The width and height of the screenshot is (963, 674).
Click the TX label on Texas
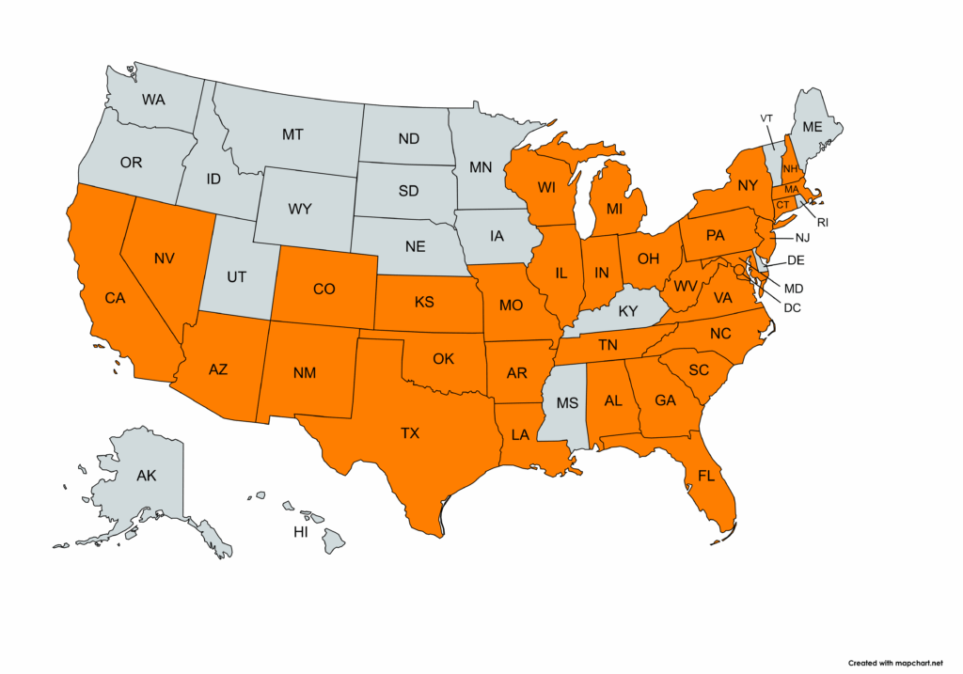pyautogui.click(x=409, y=433)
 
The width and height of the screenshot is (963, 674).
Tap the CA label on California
pyautogui.click(x=115, y=298)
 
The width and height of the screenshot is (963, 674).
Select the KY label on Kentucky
pyautogui.click(x=627, y=310)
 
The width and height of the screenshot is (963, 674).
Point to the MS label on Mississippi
pyautogui.click(x=566, y=403)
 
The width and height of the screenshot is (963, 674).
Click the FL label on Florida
pyautogui.click(x=707, y=476)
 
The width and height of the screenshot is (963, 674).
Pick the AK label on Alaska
pyautogui.click(x=146, y=476)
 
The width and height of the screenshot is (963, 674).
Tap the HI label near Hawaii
pyautogui.click(x=301, y=532)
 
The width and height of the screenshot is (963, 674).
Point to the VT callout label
pyautogui.click(x=766, y=118)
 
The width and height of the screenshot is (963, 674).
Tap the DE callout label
pyautogui.click(x=794, y=259)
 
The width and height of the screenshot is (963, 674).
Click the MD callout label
pyautogui.click(x=795, y=287)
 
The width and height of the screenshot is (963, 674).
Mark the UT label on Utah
pyautogui.click(x=236, y=276)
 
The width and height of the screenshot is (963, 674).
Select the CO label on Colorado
pyautogui.click(x=324, y=289)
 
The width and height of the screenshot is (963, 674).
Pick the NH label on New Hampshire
pyautogui.click(x=789, y=169)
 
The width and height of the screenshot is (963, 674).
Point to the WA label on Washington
pyautogui.click(x=153, y=99)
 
